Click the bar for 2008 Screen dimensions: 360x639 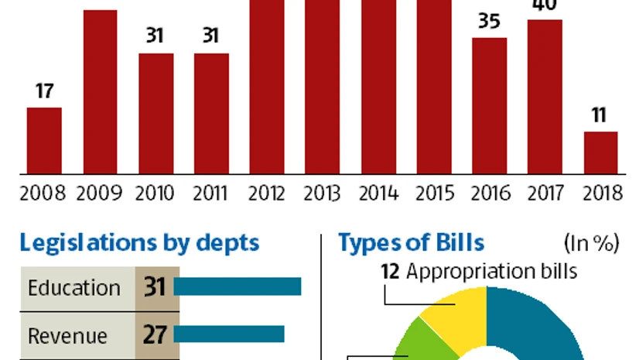pos(44,140)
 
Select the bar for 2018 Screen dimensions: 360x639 pos(600,153)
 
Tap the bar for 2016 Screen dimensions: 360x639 pos(489,105)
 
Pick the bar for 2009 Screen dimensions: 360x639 pos(100,91)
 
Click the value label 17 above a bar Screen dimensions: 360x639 pos(44,91)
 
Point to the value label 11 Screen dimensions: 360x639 pos(600,116)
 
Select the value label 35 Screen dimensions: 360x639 pos(489,22)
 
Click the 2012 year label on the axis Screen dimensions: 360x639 pos(266,193)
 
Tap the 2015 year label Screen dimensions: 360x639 pos(433,193)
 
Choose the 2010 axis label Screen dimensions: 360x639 pos(155,193)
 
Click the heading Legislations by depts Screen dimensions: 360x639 pos(139,242)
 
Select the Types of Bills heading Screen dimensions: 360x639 pos(411,242)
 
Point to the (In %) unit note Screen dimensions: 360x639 pos(592,243)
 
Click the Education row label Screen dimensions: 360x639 pos(74,288)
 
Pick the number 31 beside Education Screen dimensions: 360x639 pos(155,288)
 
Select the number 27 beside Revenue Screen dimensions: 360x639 pos(155,334)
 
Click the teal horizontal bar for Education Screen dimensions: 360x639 pos(237,286)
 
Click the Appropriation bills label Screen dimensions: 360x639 pos(492,272)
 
